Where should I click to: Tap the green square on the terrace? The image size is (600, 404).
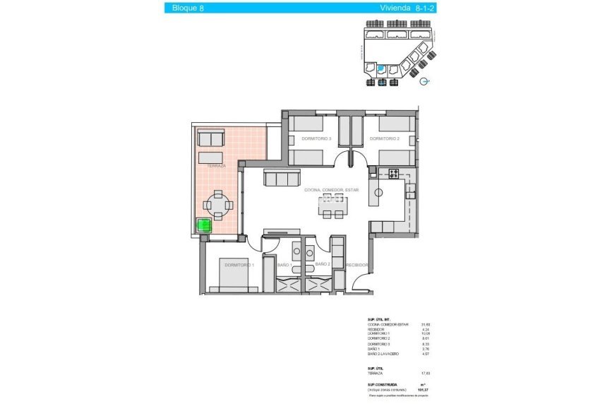[x=203, y=226]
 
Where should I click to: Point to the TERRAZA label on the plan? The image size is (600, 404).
[x=217, y=166]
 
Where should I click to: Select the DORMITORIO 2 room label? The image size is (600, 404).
[x=385, y=139]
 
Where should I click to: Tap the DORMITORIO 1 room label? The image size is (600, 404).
[x=239, y=265]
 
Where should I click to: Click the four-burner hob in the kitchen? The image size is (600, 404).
[x=393, y=173]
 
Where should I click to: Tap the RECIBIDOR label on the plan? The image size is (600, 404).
[x=358, y=265]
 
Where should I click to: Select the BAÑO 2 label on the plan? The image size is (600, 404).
[x=323, y=264]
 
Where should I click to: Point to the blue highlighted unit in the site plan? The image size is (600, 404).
[x=381, y=68]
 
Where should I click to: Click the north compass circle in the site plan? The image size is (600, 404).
[x=424, y=81]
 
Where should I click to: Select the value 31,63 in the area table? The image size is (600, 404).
[x=426, y=325]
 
